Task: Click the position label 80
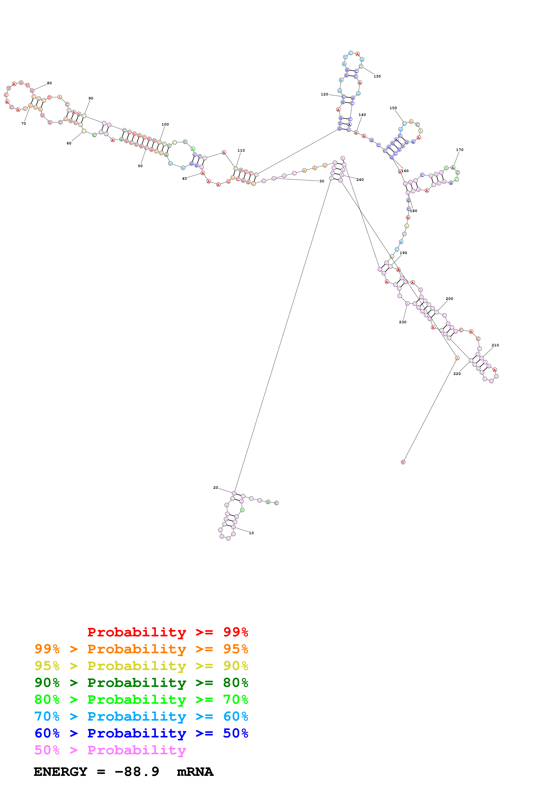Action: pos(49,83)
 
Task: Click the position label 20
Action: pos(215,487)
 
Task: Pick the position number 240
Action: pos(360,179)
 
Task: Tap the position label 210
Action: pos(495,345)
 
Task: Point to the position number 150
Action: pos(393,108)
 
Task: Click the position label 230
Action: pos(403,322)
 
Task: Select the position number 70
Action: pos(23,123)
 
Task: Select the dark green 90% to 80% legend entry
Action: pos(141,683)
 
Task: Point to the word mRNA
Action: pos(195,772)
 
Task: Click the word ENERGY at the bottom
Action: pos(60,772)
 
